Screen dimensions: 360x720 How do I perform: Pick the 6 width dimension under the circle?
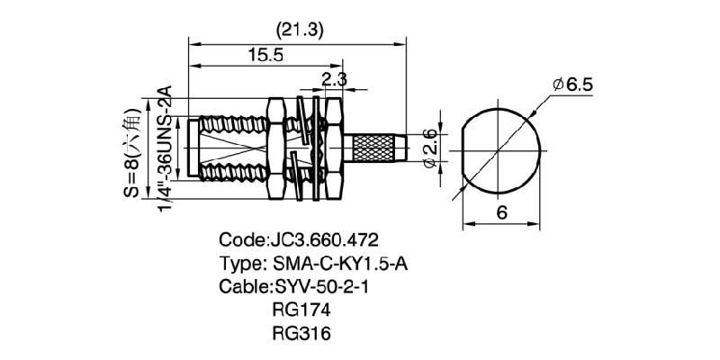point(502,212)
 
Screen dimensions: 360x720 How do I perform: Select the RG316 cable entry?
point(300,334)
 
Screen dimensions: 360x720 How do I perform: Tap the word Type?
point(239,265)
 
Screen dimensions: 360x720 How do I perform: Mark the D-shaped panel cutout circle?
point(502,148)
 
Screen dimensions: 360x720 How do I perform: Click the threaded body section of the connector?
point(229,146)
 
